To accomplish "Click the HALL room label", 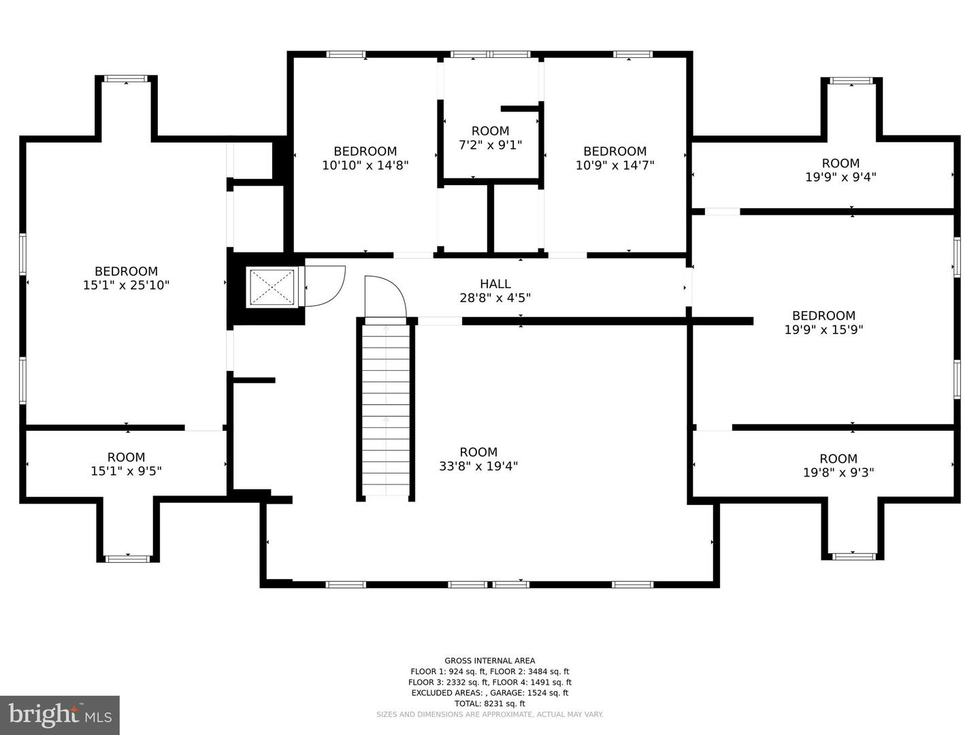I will click(x=495, y=284).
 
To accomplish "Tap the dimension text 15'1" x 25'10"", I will click(x=126, y=285).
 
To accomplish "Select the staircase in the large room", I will click(x=386, y=408).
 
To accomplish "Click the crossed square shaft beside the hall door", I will click(x=272, y=287).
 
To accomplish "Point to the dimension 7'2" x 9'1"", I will click(x=490, y=145).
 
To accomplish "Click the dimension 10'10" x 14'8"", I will click(x=365, y=165).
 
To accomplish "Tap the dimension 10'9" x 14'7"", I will click(x=615, y=165).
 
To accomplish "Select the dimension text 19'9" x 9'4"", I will click(x=840, y=177).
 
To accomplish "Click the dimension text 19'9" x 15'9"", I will click(x=823, y=329).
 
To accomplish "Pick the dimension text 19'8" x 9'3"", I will click(x=838, y=472).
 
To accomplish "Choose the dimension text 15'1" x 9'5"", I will click(x=126, y=471).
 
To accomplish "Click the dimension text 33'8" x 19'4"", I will click(x=478, y=466).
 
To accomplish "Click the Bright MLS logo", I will click(x=60, y=715).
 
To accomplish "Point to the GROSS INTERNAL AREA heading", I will click(x=489, y=660).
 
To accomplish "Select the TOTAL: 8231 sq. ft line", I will click(x=489, y=704).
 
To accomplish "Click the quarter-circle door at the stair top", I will click(x=385, y=297).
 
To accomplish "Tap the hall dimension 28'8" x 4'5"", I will click(x=495, y=297).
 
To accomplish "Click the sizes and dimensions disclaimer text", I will click(x=489, y=715).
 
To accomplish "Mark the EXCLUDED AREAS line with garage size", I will click(x=489, y=693).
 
